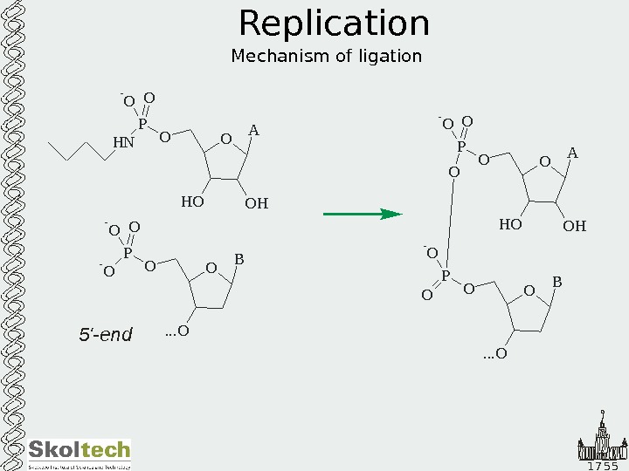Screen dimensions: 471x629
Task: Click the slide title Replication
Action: coord(334,24)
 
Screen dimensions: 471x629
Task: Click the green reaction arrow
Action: coord(362,213)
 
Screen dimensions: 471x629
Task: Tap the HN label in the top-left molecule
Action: coord(123,142)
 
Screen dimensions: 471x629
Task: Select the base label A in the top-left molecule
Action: coord(253,131)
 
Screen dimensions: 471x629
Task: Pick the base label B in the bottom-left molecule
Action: coord(238,260)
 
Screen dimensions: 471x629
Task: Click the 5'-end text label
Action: coord(105,335)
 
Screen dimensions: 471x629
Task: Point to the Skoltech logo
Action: coord(79,451)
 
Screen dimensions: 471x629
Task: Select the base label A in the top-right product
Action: coord(572,154)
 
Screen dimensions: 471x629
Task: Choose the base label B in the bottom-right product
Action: coord(556,283)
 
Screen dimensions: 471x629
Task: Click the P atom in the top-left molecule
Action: coord(142,124)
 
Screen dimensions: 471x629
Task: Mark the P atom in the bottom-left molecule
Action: coord(128,253)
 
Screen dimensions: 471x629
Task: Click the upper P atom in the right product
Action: coord(461,147)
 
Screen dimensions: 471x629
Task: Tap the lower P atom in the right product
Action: coord(446,276)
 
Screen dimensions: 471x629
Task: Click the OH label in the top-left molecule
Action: coord(256,204)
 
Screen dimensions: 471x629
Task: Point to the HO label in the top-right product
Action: coord(510,225)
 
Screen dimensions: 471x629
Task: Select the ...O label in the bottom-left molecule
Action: coord(177,331)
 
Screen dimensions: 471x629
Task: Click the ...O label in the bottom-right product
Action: coord(495,354)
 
